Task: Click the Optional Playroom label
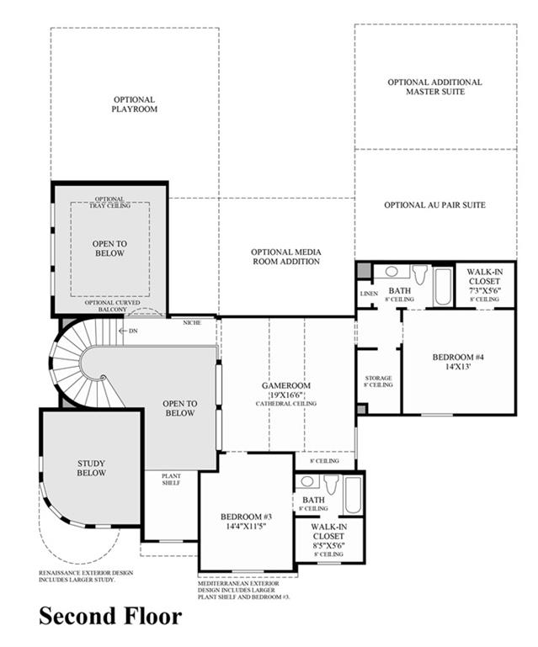click(x=134, y=104)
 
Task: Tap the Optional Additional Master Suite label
click(x=434, y=87)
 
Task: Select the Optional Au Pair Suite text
click(x=434, y=204)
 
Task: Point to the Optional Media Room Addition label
click(x=286, y=257)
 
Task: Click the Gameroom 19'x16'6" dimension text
click(x=286, y=395)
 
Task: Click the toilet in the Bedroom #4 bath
click(x=420, y=274)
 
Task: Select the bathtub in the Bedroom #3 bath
click(x=353, y=495)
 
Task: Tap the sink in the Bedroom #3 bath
click(x=306, y=481)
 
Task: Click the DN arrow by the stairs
click(x=123, y=331)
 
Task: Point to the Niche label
click(x=192, y=323)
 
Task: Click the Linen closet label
click(x=369, y=294)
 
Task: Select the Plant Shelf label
click(x=171, y=479)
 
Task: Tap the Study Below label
click(x=91, y=468)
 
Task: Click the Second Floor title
click(x=110, y=616)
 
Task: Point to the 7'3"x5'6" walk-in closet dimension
click(x=485, y=289)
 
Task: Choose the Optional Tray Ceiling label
click(x=109, y=202)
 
